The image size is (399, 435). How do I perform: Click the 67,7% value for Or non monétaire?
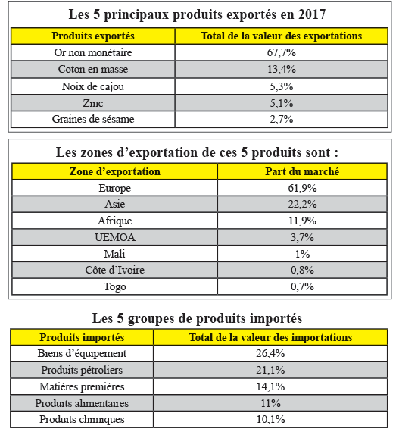281,52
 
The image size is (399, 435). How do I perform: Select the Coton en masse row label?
93,69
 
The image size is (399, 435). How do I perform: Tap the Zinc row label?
93,103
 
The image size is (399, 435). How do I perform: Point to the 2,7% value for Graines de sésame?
282,119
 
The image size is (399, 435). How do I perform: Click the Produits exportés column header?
93,36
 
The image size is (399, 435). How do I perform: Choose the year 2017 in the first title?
312,14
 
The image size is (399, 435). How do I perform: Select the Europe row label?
115,188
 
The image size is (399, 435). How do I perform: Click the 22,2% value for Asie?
302,204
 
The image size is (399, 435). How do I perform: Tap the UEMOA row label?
115,237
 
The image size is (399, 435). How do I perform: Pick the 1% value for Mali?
302,254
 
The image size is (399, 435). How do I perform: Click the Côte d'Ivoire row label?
115,270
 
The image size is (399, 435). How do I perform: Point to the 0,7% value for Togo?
302,286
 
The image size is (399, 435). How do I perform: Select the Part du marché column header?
302,171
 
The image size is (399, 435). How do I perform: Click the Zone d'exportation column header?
115,172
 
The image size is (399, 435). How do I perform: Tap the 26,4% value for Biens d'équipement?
270,353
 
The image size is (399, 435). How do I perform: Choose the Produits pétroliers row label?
82,370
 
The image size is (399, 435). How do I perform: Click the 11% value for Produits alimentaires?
271,403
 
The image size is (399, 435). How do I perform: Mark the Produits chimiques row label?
82,419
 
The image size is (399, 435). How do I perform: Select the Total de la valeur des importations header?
270,338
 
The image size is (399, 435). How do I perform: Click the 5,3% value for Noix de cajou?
282,86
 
